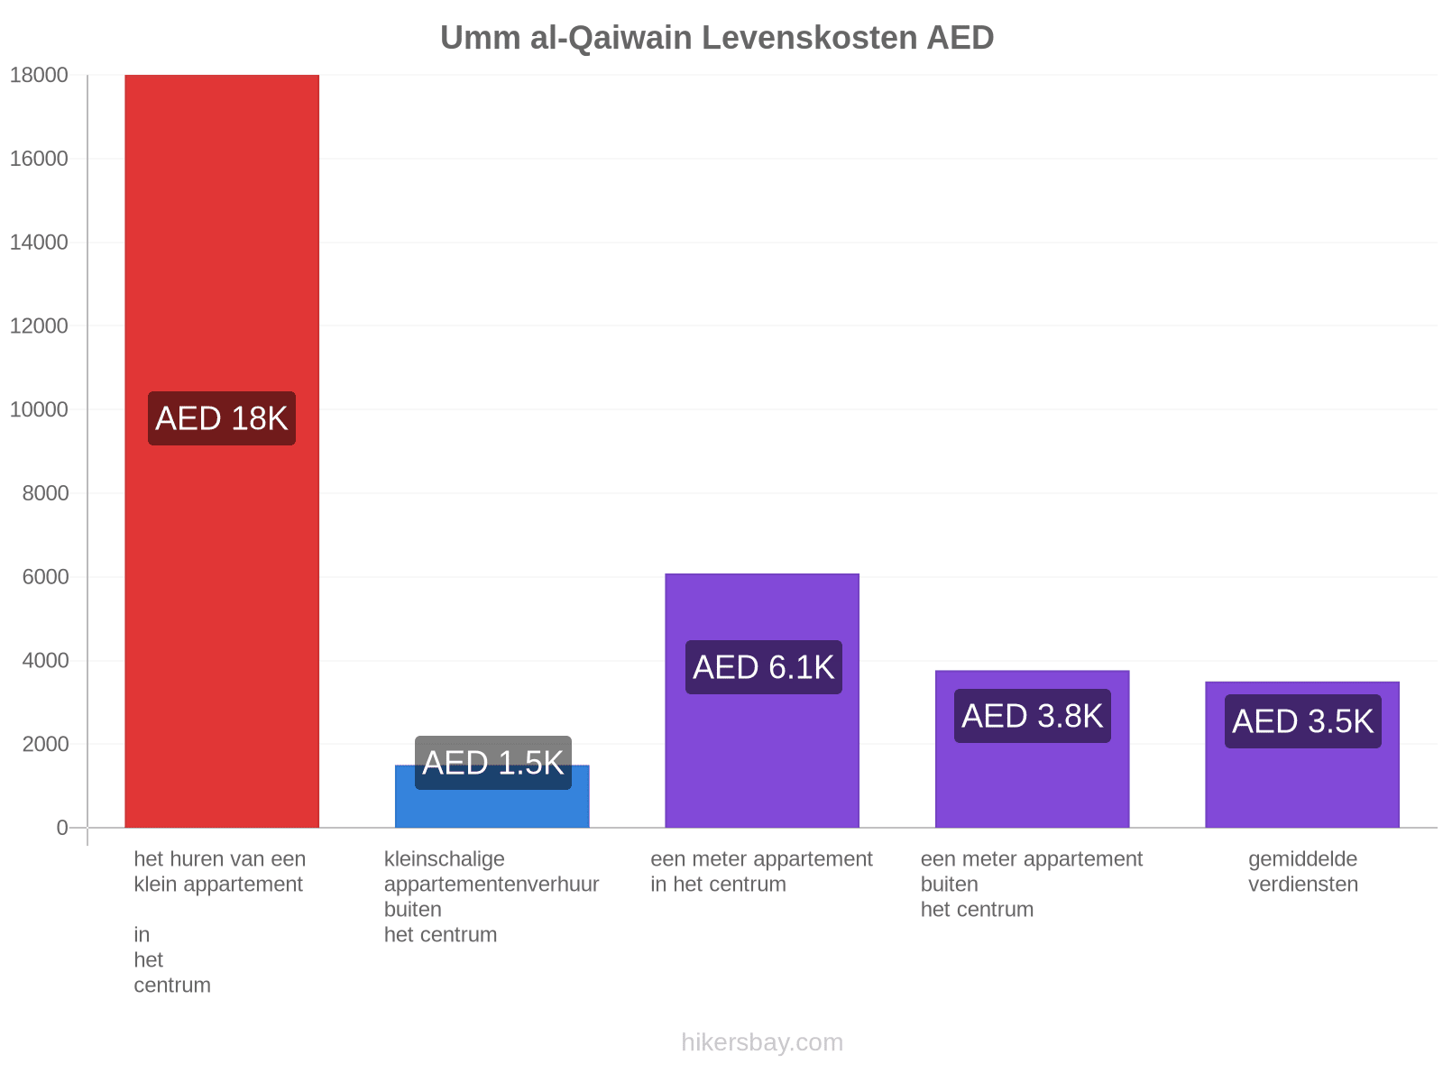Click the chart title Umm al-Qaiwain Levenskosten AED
(717, 38)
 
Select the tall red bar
(222, 451)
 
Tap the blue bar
(492, 795)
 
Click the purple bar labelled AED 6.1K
(762, 701)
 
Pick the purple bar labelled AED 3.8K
(1032, 749)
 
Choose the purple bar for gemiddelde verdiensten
(1302, 754)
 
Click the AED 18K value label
(222, 418)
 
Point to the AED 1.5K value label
(493, 763)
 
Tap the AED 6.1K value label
(763, 667)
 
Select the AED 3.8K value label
(1032, 716)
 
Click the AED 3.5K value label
(1303, 721)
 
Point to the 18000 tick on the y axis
(39, 75)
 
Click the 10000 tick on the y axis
(39, 409)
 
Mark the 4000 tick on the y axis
(45, 660)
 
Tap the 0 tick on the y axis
(62, 827)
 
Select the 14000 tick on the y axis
(39, 243)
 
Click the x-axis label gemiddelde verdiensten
(1303, 871)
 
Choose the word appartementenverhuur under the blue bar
(492, 885)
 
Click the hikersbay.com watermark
(762, 1042)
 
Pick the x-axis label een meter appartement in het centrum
(761, 871)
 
